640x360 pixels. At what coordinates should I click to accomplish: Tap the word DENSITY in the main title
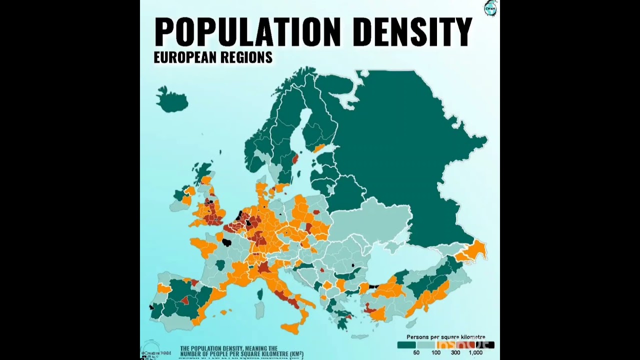point(413,32)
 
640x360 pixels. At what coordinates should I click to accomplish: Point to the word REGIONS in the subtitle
point(246,57)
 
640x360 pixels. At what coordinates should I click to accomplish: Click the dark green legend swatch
point(407,344)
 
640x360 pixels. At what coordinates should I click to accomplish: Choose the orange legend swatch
point(446,344)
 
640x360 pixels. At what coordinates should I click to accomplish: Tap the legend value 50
point(416,353)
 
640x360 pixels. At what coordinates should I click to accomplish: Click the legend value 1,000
point(475,353)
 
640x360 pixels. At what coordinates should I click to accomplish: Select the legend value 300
point(455,353)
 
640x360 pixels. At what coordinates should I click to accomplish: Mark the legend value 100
point(436,353)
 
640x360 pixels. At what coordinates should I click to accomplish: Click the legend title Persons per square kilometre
point(445,337)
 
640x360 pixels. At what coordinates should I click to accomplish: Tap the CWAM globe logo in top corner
point(490,8)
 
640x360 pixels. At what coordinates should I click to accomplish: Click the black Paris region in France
point(226,242)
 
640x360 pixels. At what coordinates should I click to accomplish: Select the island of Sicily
point(291,328)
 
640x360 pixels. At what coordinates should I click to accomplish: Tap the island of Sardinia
point(259,310)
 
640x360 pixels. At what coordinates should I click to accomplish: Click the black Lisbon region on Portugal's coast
point(151,307)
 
